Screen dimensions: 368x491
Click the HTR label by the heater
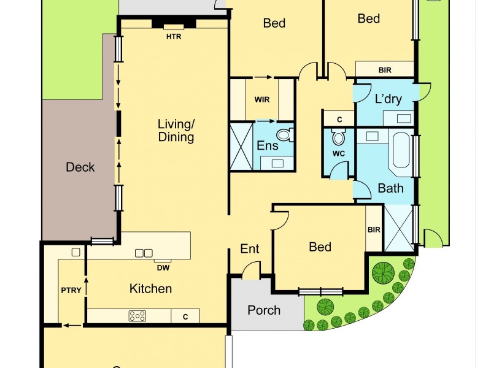click(174, 36)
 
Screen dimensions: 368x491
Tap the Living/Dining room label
click(176, 130)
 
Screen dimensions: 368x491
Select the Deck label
click(80, 167)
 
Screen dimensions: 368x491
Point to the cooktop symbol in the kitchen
click(137, 316)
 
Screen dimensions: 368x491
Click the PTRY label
click(71, 291)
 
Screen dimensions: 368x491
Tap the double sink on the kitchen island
click(144, 253)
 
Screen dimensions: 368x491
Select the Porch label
click(264, 310)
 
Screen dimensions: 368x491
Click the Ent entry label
click(249, 249)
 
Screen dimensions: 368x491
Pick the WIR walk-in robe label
click(262, 99)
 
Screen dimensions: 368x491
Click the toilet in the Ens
click(283, 134)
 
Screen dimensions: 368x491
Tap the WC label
click(339, 153)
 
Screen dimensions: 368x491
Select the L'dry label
click(388, 98)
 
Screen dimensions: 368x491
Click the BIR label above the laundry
click(385, 70)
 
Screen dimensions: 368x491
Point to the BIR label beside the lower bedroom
click(374, 230)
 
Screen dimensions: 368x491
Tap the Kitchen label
click(150, 288)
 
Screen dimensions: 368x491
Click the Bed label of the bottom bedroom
click(320, 247)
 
